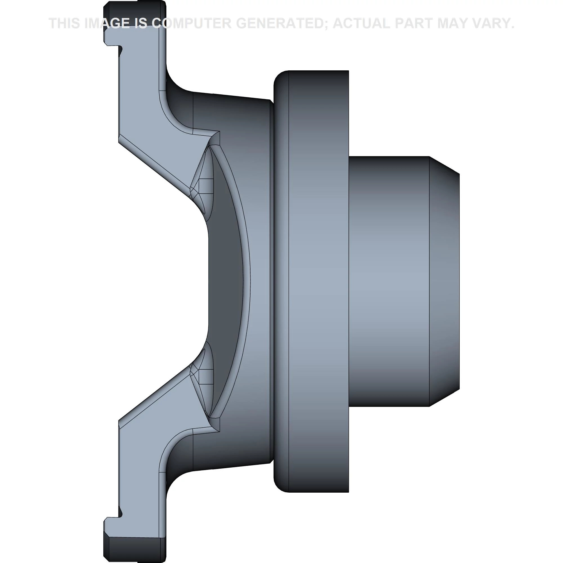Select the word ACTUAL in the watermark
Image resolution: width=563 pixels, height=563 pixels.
pyautogui.click(x=361, y=23)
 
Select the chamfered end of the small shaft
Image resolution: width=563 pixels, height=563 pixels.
pyautogui.click(x=444, y=281)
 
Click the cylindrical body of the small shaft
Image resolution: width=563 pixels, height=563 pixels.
pyautogui.click(x=389, y=281)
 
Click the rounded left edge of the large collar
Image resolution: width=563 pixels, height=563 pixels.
pyautogui.click(x=280, y=281)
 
